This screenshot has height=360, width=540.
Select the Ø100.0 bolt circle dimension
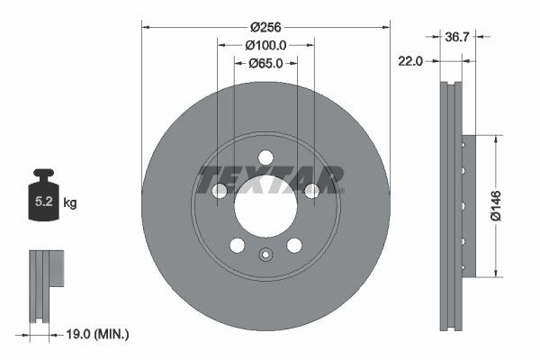click(x=265, y=44)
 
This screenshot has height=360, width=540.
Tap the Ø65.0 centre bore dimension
click(x=265, y=63)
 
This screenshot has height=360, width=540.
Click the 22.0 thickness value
click(x=412, y=60)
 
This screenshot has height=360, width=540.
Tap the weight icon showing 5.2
click(x=42, y=200)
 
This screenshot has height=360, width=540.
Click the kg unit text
click(x=70, y=203)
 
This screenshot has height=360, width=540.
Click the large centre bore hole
click(x=265, y=205)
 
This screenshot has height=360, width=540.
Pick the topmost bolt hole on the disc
click(x=265, y=157)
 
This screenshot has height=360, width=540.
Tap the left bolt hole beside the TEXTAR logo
click(x=220, y=191)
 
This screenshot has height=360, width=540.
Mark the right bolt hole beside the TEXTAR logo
click(x=311, y=191)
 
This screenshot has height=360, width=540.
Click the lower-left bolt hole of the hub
click(x=238, y=245)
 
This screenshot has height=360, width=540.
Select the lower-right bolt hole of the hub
click(x=293, y=245)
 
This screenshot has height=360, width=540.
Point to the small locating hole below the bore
click(x=265, y=254)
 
